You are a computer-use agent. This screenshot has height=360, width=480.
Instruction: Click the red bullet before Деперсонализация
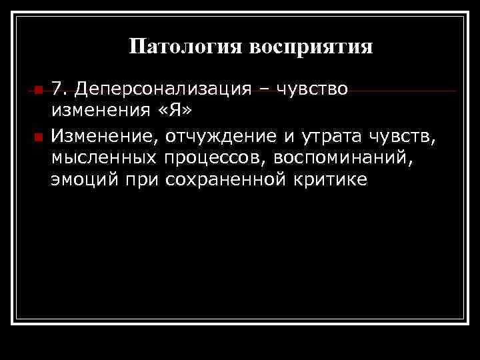[x=38, y=90]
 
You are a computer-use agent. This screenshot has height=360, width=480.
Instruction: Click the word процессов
[x=213, y=159]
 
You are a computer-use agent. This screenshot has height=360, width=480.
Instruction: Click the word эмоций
[x=81, y=179]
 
